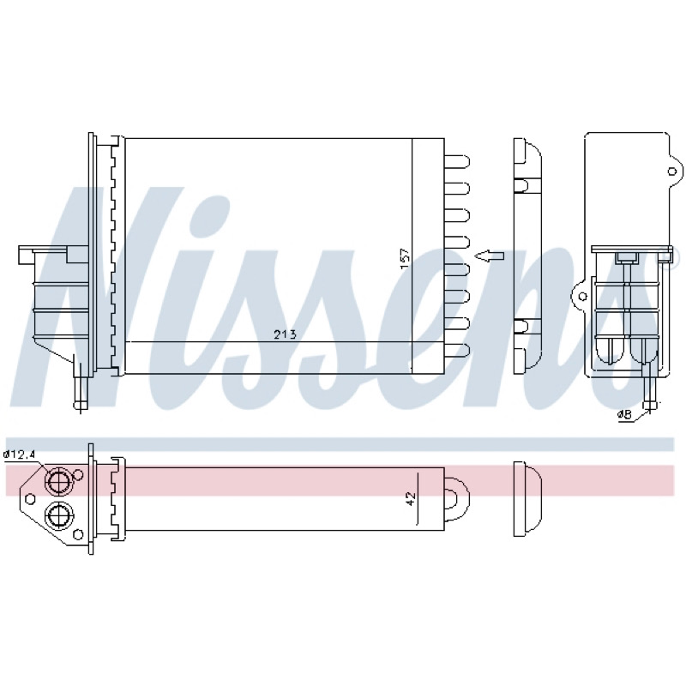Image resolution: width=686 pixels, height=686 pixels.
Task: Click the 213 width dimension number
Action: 285,334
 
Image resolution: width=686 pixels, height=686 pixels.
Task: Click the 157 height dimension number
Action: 405,259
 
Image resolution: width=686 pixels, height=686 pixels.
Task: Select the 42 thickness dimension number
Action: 411,498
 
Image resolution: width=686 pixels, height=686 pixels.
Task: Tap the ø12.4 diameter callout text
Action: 19,455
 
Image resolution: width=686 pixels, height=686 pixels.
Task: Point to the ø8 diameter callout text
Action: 625,415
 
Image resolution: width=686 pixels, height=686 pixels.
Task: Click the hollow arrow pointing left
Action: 489,256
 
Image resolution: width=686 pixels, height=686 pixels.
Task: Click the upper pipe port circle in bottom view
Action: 58,482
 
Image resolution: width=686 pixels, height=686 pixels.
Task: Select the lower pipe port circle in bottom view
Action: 58,516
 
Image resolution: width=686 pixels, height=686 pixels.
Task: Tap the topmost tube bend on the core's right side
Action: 457,161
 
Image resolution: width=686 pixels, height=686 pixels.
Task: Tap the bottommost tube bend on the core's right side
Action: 457,350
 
